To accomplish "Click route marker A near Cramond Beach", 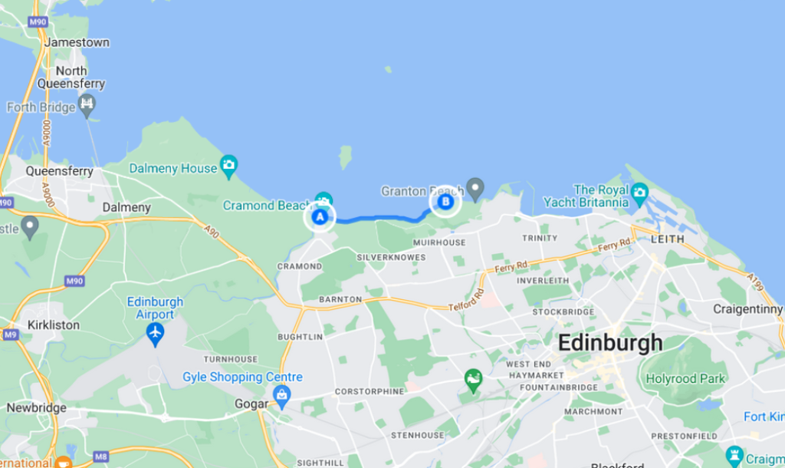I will tap(320, 217).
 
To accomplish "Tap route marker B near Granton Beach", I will tap(445, 203).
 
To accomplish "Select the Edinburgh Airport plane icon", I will tap(156, 334).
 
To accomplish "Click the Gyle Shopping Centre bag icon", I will tap(282, 397).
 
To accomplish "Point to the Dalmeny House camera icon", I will tap(228, 165).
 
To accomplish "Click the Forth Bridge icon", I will tap(87, 104).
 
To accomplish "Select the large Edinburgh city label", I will tap(609, 343).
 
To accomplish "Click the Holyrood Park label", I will tap(685, 378).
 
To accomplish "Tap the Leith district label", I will tap(667, 239).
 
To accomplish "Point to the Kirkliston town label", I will tap(53, 325).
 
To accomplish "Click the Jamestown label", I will tap(77, 43).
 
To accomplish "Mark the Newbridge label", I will tap(36, 407).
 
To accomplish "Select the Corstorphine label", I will tap(369, 391).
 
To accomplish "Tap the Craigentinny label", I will tap(747, 309).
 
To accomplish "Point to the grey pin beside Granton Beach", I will tap(476, 186).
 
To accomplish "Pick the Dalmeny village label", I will tap(126, 207).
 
